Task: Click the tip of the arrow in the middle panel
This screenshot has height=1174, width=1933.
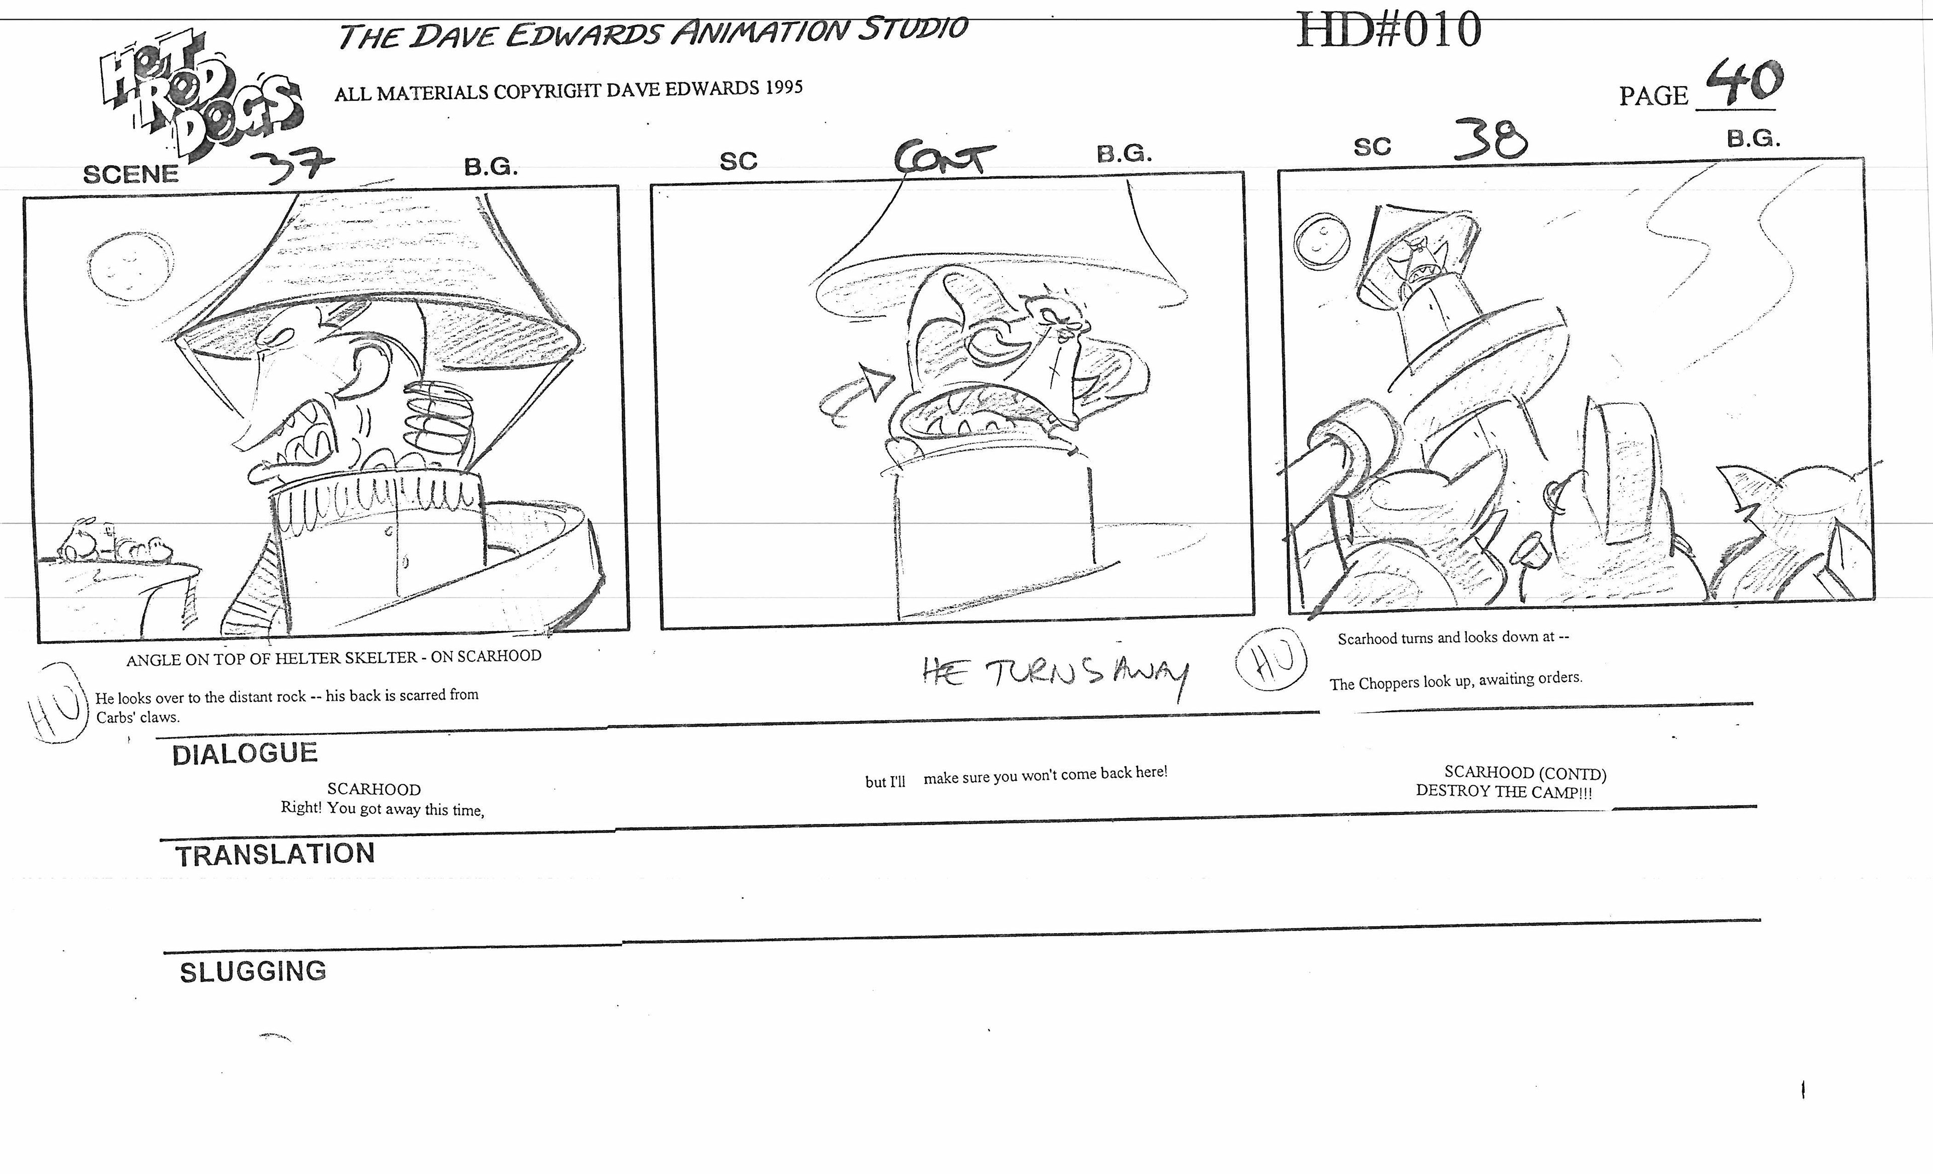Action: pyautogui.click(x=895, y=378)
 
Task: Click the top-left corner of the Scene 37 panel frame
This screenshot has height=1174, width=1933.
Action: pyautogui.click(x=24, y=198)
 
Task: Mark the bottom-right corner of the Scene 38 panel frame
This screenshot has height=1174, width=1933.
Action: pyautogui.click(x=1874, y=599)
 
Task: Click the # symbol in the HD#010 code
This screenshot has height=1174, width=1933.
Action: pyautogui.click(x=1385, y=30)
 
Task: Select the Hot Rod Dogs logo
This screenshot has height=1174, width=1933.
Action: pyautogui.click(x=200, y=98)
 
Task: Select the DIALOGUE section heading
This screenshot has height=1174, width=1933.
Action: pyautogui.click(x=245, y=753)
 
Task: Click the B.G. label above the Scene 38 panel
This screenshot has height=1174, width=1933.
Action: pyautogui.click(x=1753, y=139)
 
